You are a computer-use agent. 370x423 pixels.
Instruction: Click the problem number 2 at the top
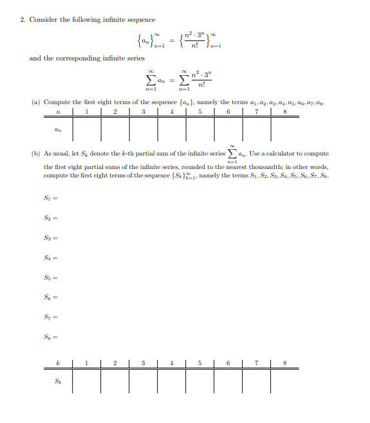[x=22, y=19]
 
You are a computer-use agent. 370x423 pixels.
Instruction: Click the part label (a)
[x=36, y=102]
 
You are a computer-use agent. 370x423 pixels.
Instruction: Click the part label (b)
[x=36, y=154]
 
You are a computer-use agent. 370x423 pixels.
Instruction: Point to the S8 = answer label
[x=51, y=336]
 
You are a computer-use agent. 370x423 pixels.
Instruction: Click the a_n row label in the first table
[x=59, y=129]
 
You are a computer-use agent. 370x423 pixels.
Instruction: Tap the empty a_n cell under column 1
[x=86, y=129]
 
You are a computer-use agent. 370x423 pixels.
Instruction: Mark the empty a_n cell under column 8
[x=284, y=129]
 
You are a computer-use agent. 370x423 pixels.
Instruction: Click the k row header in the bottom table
[x=59, y=363]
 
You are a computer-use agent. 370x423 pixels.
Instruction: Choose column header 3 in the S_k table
[x=143, y=363]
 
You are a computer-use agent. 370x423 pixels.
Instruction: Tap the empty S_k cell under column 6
[x=228, y=381]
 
